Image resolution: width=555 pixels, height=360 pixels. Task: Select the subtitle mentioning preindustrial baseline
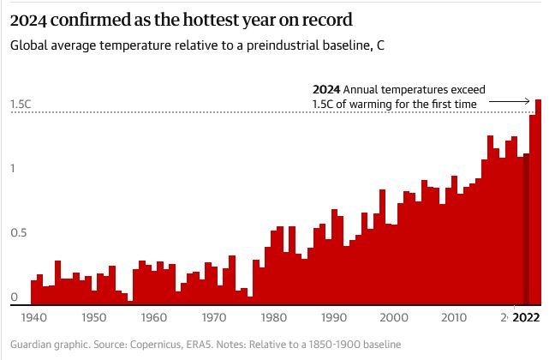click(195, 45)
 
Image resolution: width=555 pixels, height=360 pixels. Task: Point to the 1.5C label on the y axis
click(21, 105)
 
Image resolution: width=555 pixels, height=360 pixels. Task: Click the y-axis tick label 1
click(13, 168)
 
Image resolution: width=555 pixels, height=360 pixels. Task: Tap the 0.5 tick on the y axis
click(17, 232)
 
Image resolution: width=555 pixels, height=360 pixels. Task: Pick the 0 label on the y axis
click(14, 297)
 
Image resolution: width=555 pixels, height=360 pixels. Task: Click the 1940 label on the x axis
click(33, 318)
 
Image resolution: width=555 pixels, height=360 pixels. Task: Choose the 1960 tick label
click(153, 318)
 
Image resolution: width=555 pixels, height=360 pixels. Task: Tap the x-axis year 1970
click(213, 318)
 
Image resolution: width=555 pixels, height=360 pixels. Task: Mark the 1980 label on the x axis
click(273, 318)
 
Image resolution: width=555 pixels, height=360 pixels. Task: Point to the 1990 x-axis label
click(334, 318)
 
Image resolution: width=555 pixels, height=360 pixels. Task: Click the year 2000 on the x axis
click(394, 318)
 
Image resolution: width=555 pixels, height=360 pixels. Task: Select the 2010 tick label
click(454, 318)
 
